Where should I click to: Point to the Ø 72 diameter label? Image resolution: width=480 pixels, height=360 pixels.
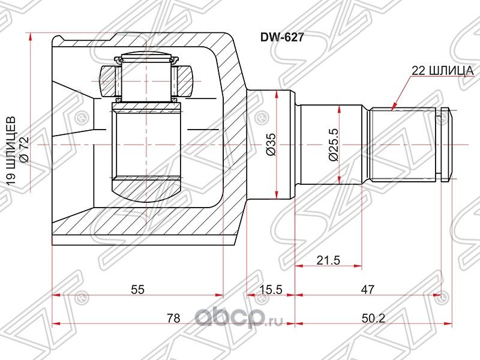point(25,146)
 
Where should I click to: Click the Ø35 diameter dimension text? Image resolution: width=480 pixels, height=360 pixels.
point(271,146)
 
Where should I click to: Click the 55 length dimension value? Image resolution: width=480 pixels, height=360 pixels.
point(137,289)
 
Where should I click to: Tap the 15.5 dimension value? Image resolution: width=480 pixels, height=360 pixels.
point(271,289)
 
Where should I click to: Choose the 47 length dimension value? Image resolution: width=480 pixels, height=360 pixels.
point(368,289)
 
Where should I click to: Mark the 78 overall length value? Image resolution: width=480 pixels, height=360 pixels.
point(173,319)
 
